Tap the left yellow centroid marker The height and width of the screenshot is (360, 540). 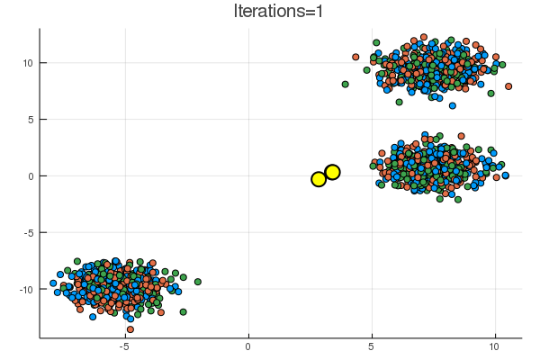tap(319, 179)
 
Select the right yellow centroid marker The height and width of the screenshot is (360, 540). tap(332, 172)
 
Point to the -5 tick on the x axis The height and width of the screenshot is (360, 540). tap(124, 346)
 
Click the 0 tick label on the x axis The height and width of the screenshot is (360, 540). tap(247, 346)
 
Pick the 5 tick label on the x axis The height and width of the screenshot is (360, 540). tap(371, 346)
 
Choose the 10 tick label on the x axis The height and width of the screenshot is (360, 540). tap(494, 346)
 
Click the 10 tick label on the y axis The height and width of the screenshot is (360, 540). tap(28, 63)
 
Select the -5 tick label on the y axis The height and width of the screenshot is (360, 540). tap(28, 233)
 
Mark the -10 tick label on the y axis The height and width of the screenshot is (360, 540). tap(26, 290)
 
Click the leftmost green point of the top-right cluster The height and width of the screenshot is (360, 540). tap(345, 84)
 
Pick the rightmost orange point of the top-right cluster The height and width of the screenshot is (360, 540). tap(508, 86)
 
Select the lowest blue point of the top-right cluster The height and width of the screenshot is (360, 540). tap(453, 105)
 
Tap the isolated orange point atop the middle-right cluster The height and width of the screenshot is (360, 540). tap(462, 136)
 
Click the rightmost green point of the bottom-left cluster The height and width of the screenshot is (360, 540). tap(198, 282)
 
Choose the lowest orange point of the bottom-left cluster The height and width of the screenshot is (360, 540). tap(130, 329)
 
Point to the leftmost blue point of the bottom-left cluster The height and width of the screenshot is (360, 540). tap(53, 283)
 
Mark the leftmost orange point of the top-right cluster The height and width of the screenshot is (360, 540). tap(355, 57)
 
